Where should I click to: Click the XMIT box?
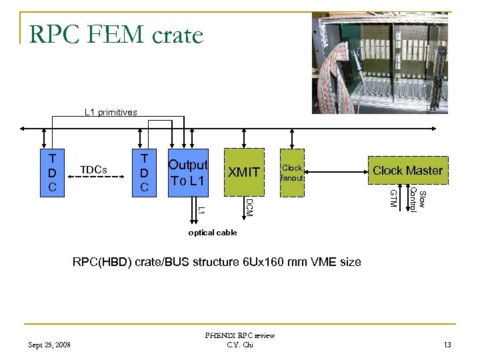244,172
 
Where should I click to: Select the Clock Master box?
407,170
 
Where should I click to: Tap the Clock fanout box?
292,173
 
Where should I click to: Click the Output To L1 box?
189,173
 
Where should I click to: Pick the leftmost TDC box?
52,173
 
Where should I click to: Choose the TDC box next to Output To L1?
143,173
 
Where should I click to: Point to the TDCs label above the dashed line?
93,169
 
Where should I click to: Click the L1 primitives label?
111,112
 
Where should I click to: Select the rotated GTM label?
393,198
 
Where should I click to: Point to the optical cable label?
212,233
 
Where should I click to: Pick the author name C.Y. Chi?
240,345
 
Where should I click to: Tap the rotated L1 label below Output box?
201,209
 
